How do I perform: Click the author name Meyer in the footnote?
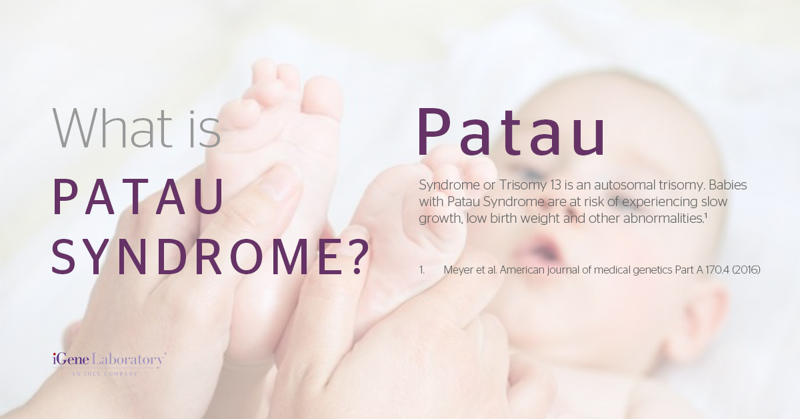[x=460, y=270]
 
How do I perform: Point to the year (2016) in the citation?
[x=745, y=270]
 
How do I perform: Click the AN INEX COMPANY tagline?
[x=105, y=374]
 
